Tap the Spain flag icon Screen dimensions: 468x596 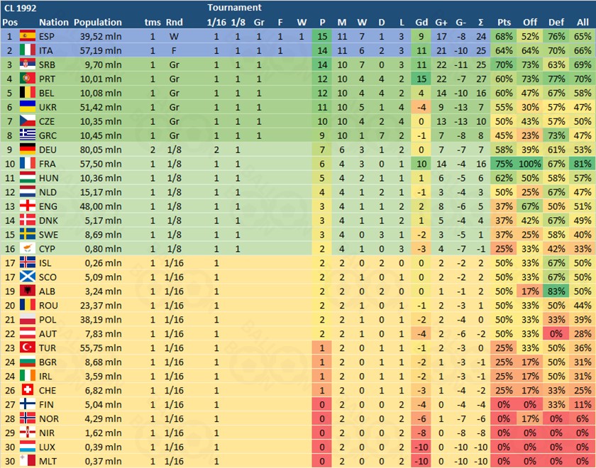tap(28, 36)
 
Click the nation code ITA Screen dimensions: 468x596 tap(48, 50)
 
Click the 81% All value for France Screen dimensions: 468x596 tap(583, 163)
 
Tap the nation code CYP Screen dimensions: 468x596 tap(48, 248)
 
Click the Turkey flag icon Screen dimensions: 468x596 tap(28, 347)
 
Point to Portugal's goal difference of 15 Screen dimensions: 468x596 tap(421, 79)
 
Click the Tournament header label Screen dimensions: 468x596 tap(234, 8)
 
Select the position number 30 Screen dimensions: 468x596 tap(9, 447)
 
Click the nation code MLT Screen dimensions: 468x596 tap(48, 461)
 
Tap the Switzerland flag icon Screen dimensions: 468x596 tap(28, 390)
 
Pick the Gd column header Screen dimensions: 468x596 tap(421, 22)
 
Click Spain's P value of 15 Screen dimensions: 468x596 tap(323, 36)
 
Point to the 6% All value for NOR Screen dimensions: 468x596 tap(583, 418)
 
